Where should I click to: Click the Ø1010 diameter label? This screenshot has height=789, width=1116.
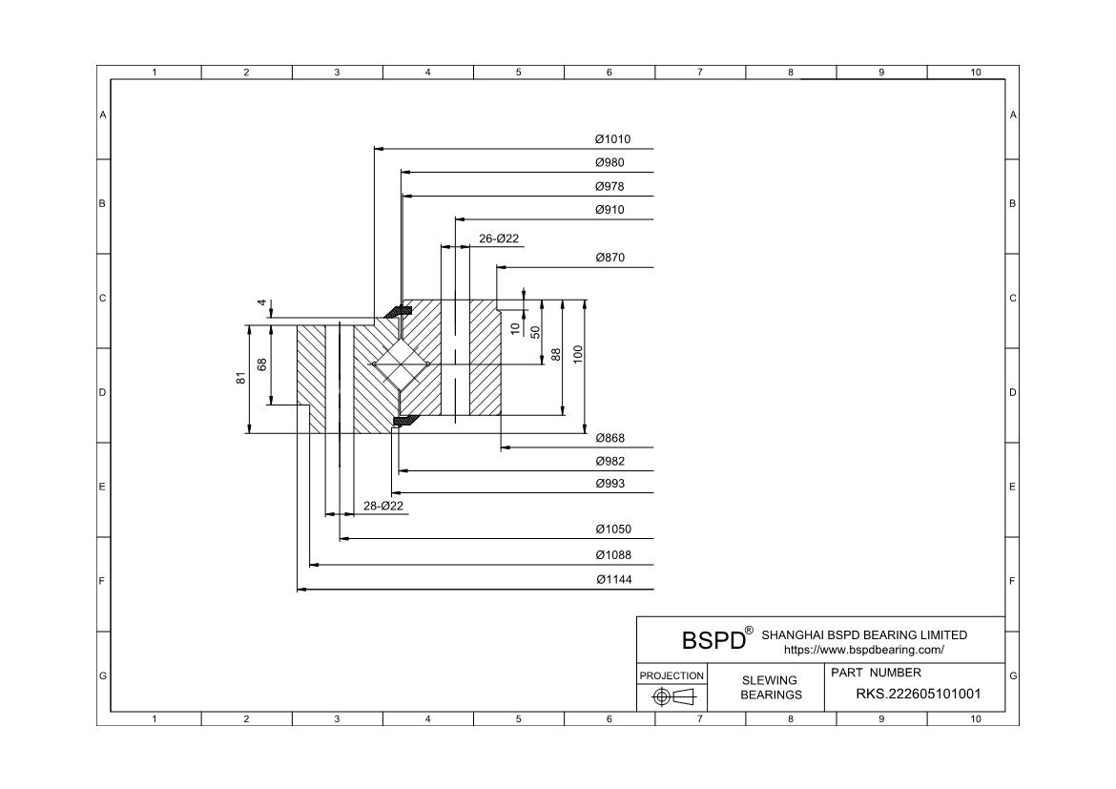(612, 139)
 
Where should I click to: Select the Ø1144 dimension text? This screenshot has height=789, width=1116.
(612, 580)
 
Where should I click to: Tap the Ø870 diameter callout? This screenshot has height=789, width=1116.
(610, 258)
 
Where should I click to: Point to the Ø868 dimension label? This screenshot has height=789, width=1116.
(610, 438)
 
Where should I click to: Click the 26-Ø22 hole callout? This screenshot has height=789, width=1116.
(499, 239)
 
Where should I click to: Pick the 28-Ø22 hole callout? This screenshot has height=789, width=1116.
(383, 506)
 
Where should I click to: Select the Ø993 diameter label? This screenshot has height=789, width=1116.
(610, 484)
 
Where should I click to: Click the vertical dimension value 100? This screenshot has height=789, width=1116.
(578, 354)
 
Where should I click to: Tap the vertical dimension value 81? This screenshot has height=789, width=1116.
(241, 378)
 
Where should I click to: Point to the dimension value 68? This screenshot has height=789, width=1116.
(262, 363)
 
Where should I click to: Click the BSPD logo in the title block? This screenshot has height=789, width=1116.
(713, 639)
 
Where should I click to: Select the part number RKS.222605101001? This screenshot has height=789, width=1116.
(918, 695)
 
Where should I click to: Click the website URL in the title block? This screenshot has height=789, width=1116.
(863, 650)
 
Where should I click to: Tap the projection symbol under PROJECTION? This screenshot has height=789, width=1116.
(672, 697)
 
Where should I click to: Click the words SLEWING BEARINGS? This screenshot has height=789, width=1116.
(771, 687)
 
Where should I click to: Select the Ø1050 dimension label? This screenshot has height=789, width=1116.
(612, 529)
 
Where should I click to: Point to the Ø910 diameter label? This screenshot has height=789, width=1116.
(610, 210)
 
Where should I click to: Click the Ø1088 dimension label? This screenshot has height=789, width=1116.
(612, 555)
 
